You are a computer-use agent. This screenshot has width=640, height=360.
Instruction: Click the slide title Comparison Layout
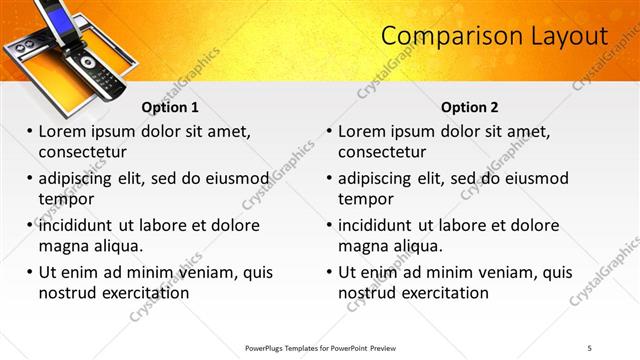(495, 36)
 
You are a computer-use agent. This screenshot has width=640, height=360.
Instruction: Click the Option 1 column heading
(170, 107)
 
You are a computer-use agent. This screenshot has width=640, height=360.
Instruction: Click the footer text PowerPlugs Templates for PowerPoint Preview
(320, 347)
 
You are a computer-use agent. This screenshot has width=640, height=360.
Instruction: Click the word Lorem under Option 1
(64, 132)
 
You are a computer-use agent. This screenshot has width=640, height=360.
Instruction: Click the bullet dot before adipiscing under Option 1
(30, 179)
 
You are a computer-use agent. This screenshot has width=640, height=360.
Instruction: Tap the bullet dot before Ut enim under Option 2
(330, 272)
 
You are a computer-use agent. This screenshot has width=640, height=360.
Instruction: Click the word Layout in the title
(565, 36)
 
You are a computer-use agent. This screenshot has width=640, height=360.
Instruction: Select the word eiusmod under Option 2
(533, 179)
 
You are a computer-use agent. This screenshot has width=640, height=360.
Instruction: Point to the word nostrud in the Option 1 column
(67, 293)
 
